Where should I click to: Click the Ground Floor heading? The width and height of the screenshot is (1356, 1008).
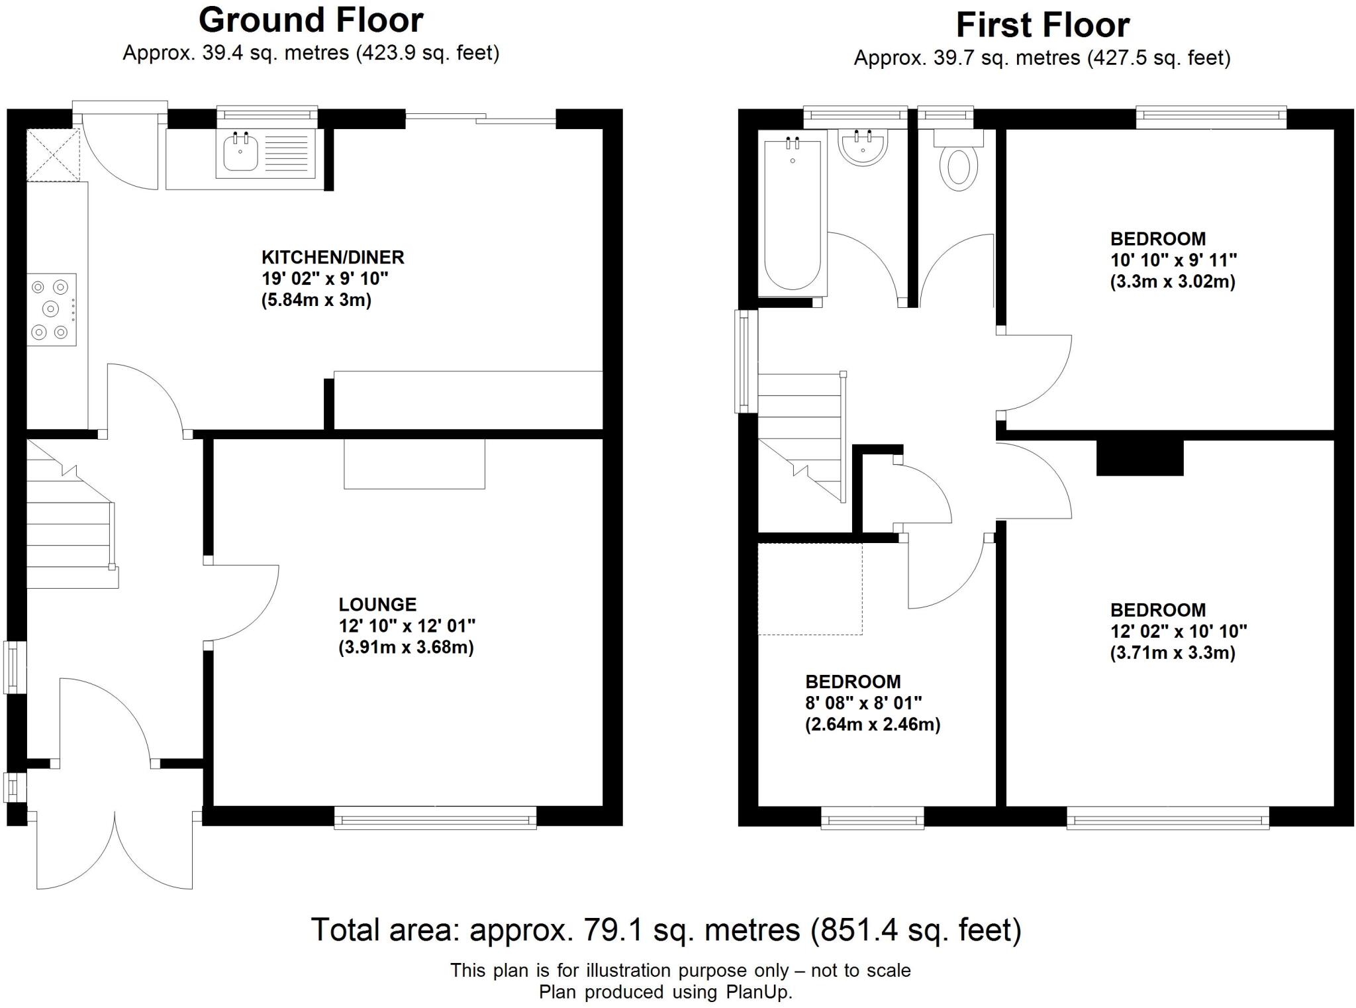tap(311, 20)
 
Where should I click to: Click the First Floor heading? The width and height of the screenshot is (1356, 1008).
tap(1042, 25)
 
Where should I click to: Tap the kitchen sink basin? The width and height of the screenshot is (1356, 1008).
tap(240, 153)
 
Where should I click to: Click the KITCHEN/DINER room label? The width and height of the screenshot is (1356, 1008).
tap(332, 257)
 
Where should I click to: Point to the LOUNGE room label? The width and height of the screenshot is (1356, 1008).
tap(377, 604)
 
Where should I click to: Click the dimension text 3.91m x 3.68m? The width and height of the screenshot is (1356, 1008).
tap(406, 647)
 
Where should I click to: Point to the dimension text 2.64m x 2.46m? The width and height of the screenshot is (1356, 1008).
tap(873, 725)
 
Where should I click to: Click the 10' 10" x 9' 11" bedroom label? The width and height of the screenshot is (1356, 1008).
tap(1173, 260)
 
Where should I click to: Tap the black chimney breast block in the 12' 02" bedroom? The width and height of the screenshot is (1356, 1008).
tap(1139, 458)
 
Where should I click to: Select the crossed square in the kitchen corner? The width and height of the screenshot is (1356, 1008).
tap(53, 155)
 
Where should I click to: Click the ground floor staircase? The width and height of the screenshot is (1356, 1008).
tap(66, 523)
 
